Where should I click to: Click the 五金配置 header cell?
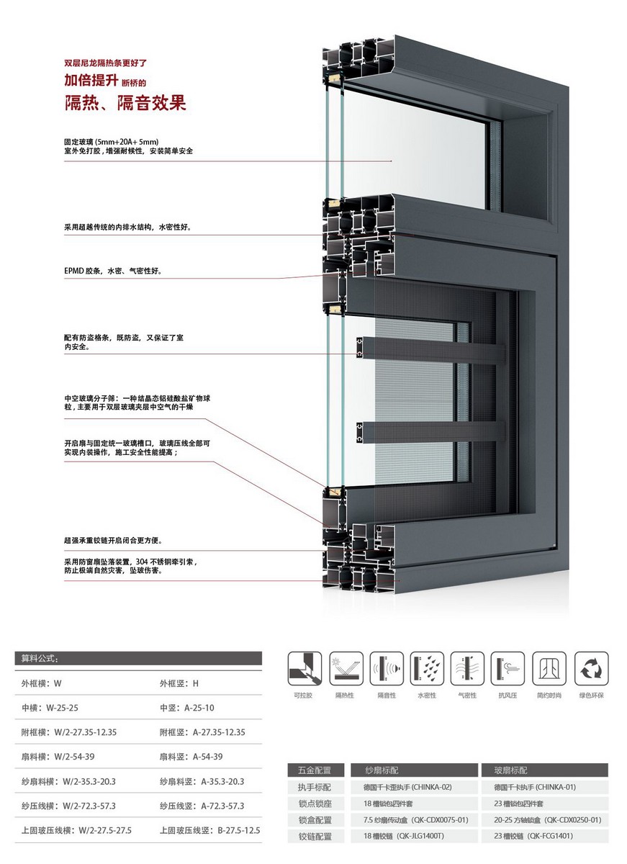[315, 770]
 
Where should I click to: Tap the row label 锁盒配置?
[315, 819]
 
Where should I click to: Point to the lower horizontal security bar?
[432, 432]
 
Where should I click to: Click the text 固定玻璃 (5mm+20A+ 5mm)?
[111, 142]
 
